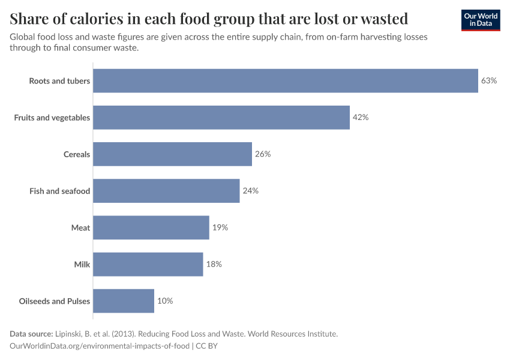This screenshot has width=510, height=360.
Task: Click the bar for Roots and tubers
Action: click(x=286, y=81)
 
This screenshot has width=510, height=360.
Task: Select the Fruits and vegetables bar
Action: click(x=221, y=118)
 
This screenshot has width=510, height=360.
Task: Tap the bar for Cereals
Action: click(x=172, y=154)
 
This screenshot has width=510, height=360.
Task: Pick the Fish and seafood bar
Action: click(x=166, y=191)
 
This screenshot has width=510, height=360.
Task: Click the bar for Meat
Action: click(x=151, y=227)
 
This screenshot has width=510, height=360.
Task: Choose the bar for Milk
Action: click(x=148, y=264)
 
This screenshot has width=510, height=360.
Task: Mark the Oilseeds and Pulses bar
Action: click(x=124, y=301)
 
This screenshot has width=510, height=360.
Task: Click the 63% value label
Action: click(x=489, y=81)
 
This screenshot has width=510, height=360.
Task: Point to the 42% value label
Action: click(x=361, y=118)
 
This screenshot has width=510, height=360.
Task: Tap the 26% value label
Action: click(x=263, y=154)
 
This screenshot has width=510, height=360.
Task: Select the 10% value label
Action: click(x=165, y=301)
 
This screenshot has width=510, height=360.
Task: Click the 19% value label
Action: click(x=220, y=227)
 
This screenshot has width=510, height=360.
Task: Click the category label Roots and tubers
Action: click(x=59, y=81)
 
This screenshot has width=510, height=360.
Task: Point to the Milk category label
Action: click(x=82, y=264)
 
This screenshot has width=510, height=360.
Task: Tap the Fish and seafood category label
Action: click(x=59, y=191)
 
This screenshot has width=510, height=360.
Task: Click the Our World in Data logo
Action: click(x=480, y=20)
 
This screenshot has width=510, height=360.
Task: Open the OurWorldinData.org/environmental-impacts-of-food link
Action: click(x=100, y=346)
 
